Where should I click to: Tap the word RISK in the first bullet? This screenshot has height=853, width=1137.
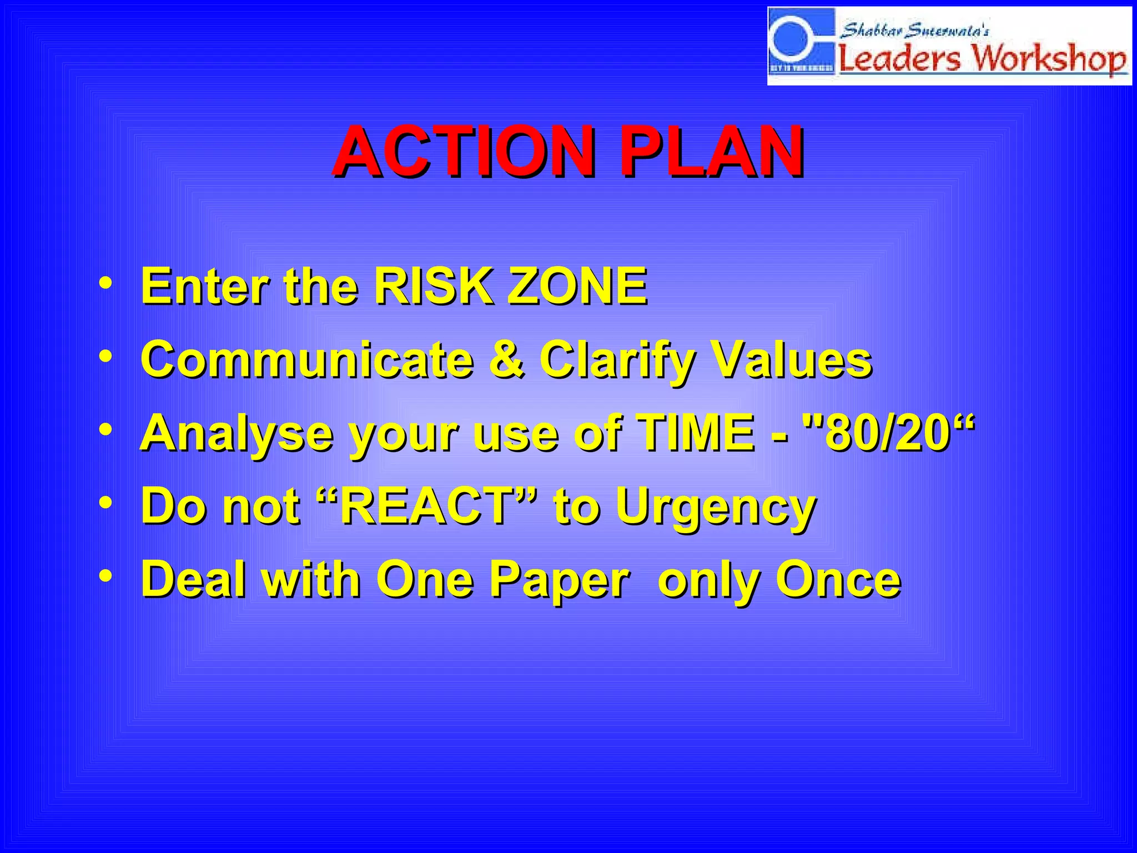pos(433,286)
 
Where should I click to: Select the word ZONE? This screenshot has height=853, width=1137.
pos(577,286)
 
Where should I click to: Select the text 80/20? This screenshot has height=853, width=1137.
pos(888,433)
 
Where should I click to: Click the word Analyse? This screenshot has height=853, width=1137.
pos(237,433)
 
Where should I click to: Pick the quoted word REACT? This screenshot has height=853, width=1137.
pos(427,506)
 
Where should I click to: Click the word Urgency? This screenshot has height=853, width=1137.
pos(716,508)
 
